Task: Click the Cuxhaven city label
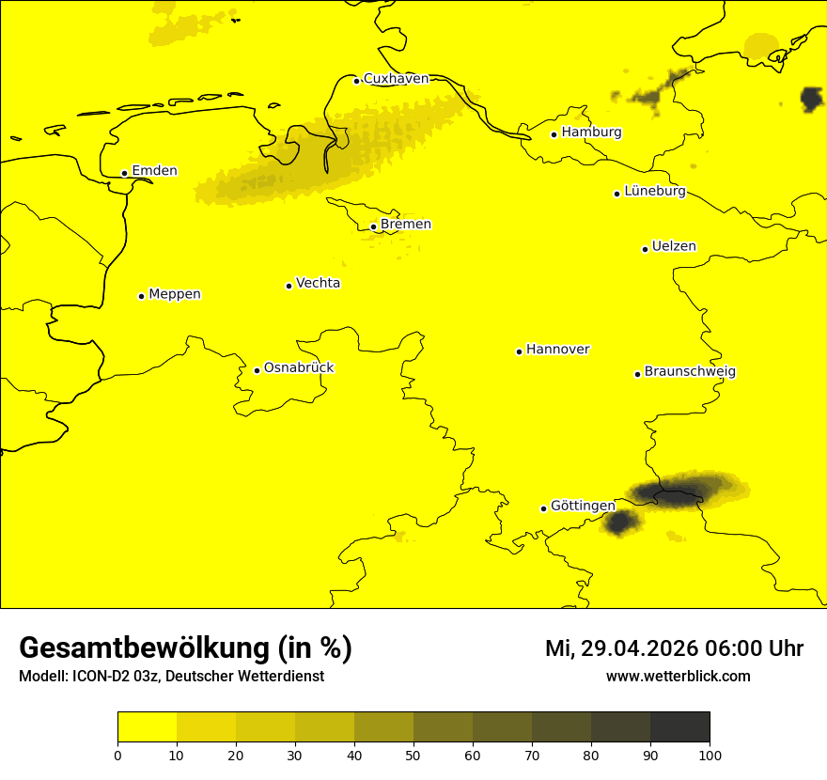(x=396, y=79)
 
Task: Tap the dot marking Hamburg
(x=554, y=134)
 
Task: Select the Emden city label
(x=154, y=171)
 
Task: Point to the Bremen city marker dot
(x=373, y=226)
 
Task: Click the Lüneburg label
(x=654, y=192)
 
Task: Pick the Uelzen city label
(x=674, y=247)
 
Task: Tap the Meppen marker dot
(x=141, y=296)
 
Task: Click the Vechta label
(x=318, y=283)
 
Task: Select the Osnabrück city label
(x=299, y=368)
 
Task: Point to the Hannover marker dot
(x=519, y=351)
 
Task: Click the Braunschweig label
(x=690, y=372)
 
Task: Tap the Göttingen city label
(x=583, y=507)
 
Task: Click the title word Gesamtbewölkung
(x=144, y=648)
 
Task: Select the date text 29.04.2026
(x=640, y=648)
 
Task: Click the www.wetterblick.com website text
(x=678, y=677)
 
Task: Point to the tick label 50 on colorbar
(x=413, y=755)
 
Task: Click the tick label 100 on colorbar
(x=710, y=755)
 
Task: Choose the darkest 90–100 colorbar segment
(x=679, y=727)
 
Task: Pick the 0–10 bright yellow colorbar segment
(x=147, y=727)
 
